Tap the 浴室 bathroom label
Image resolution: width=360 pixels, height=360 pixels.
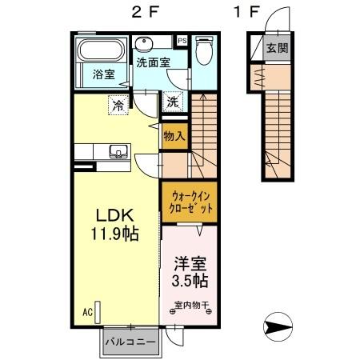pyautogui.click(x=103, y=75)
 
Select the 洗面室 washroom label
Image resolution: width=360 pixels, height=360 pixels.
pyautogui.click(x=152, y=61)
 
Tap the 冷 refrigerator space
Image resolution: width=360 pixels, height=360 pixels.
pyautogui.click(x=118, y=103)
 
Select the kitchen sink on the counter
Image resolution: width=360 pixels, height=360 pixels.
pyautogui.click(x=118, y=150)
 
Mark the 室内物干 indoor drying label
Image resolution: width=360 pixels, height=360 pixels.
pyautogui.click(x=190, y=305)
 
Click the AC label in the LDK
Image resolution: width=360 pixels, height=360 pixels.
pyautogui.click(x=88, y=311)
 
